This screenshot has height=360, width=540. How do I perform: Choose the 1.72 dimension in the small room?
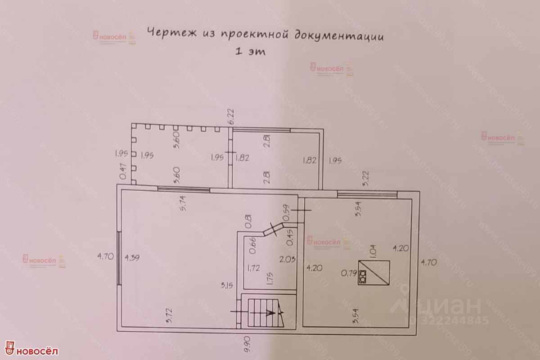pos(254,269)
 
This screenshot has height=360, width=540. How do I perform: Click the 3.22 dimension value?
pos(366,179)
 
